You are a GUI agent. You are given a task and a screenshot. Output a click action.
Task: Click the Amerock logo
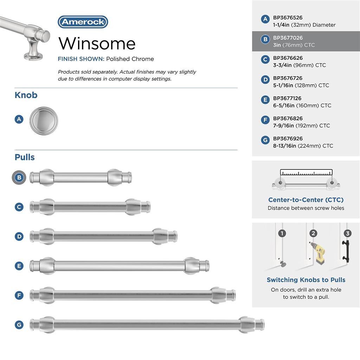click(x=83, y=22)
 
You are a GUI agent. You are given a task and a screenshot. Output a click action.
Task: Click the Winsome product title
click(x=97, y=43)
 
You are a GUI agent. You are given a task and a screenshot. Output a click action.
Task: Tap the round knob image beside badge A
click(x=44, y=120)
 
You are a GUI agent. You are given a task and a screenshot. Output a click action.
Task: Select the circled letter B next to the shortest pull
click(x=19, y=178)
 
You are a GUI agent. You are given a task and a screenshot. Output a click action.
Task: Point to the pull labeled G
click(x=147, y=324)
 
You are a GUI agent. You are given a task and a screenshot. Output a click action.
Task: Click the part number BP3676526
click(x=288, y=18)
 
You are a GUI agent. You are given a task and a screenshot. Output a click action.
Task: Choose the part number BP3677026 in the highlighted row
click(x=288, y=38)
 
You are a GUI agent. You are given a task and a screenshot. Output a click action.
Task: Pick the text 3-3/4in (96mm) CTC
click(x=299, y=65)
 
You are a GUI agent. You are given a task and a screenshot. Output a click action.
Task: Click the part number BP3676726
click(x=288, y=78)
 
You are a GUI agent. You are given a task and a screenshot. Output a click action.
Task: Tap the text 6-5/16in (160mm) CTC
click(x=302, y=105)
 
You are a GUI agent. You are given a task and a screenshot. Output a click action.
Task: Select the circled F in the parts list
click(x=265, y=120)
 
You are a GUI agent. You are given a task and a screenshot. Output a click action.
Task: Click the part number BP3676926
click(x=288, y=139)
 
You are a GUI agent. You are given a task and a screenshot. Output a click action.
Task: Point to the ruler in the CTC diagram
click(x=306, y=173)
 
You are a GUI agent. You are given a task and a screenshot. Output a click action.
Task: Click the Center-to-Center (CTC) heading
click(x=306, y=200)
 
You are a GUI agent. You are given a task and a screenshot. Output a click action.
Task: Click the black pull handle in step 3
click(x=346, y=251)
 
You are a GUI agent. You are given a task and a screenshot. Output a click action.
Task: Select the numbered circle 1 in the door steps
click(x=282, y=233)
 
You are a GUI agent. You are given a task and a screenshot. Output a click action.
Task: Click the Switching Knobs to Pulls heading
click(x=306, y=280)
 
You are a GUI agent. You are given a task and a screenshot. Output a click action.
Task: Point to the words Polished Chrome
click(x=130, y=59)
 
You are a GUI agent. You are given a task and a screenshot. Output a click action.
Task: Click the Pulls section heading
click(x=25, y=157)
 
